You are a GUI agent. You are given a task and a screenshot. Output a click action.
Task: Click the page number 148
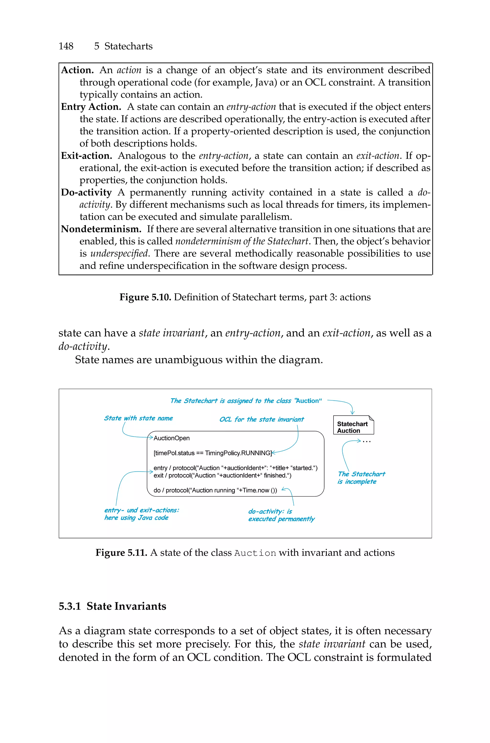66,46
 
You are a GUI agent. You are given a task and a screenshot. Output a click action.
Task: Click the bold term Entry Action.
91,107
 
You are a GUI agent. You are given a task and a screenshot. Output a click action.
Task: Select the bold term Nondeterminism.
101,229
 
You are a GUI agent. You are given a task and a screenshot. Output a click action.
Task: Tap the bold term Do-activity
86,192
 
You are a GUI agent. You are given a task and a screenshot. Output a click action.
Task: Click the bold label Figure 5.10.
145,297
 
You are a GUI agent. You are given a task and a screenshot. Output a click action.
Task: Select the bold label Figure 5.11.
121,553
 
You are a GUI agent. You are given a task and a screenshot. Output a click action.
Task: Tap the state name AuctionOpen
172,438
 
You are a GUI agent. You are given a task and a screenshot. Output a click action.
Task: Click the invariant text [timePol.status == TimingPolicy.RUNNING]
212,453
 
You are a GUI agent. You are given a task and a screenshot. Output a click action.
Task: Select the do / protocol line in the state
215,490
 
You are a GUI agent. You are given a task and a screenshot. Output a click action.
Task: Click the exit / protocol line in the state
222,475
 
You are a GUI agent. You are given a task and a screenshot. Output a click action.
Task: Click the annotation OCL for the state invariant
261,420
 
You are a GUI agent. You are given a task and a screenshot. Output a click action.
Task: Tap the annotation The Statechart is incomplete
361,478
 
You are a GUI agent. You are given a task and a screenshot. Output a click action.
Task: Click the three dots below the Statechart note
367,441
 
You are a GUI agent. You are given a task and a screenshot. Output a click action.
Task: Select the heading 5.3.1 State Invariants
112,606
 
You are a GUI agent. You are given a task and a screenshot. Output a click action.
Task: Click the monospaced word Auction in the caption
255,553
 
